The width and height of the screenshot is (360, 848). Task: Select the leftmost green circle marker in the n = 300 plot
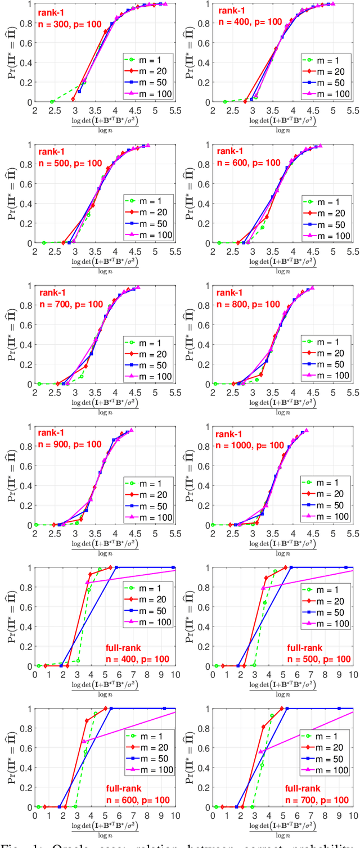[52, 102]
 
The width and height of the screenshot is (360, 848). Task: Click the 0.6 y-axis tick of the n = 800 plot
[206, 325]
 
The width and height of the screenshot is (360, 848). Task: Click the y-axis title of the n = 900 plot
[15, 476]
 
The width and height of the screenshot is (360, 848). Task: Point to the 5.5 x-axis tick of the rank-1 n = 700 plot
[175, 392]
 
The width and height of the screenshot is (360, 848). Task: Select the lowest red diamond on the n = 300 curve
[73, 99]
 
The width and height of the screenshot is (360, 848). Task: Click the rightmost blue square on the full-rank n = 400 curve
[173, 567]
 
